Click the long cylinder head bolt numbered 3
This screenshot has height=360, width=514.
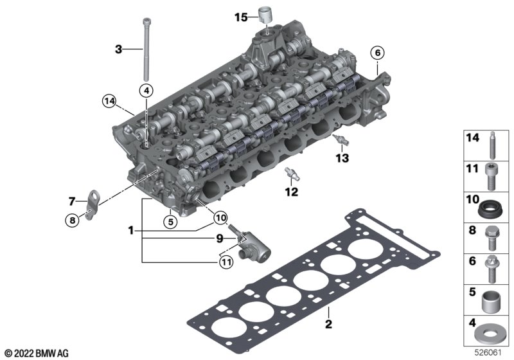146,50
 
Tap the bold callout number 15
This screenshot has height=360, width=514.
241,17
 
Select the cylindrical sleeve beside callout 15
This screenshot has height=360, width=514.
265,14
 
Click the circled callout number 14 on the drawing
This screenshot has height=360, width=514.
109,102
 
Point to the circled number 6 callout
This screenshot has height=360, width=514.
377,53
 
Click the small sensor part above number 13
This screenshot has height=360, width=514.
341,140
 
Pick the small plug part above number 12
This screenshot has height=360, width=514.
292,174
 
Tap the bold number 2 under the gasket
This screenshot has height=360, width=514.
328,324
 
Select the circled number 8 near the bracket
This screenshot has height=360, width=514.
72,220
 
